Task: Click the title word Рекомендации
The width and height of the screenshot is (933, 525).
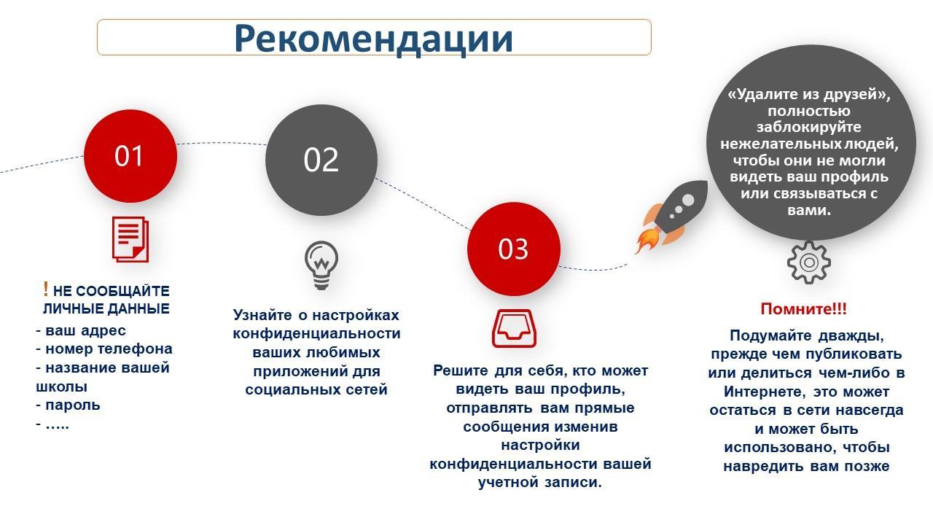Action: point(373,39)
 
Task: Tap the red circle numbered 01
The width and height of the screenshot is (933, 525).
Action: point(130,156)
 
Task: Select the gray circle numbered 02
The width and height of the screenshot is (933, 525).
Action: point(321,160)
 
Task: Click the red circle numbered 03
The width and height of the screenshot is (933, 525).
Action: point(514,249)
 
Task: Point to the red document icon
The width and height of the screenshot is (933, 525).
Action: point(130,239)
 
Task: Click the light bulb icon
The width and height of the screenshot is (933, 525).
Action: point(321,265)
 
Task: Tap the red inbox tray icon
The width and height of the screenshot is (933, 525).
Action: point(514,328)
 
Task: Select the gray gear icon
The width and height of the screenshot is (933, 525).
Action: point(809,262)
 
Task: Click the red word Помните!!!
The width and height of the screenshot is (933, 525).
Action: point(803,308)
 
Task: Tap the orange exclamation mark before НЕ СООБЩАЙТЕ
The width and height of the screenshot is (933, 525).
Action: point(46,289)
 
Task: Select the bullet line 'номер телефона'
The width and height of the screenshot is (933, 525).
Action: point(104,349)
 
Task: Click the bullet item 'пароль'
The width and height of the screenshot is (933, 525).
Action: point(69,405)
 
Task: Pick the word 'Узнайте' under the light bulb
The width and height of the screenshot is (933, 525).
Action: point(263,315)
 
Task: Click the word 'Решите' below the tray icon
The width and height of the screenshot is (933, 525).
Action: point(460,370)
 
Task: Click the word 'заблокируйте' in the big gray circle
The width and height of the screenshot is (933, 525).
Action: point(809,127)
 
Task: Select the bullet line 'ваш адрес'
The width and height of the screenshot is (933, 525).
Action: point(81,330)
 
